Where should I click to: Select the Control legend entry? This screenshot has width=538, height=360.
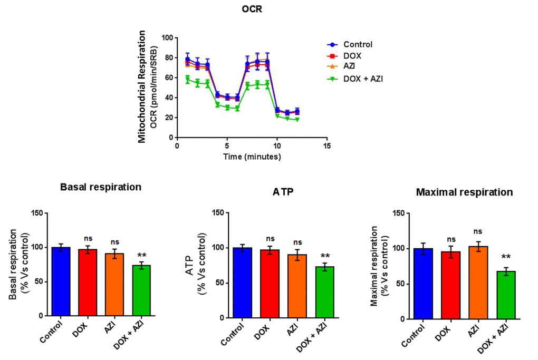[x=357, y=45]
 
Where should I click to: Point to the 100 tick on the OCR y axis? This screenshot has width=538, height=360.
[x=167, y=38]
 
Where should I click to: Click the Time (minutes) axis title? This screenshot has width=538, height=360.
[x=252, y=157]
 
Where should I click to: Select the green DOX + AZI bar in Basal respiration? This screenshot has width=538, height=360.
[x=141, y=290]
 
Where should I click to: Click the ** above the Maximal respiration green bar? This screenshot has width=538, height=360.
[x=505, y=258]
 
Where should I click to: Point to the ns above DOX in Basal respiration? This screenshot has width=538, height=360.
[x=88, y=238]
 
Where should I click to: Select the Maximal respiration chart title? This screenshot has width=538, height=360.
[x=464, y=192]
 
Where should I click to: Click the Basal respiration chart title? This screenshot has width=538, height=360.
[x=101, y=187]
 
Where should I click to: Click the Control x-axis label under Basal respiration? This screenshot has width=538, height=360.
[x=54, y=330]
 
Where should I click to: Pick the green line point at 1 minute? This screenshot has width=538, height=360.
[x=187, y=79]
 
